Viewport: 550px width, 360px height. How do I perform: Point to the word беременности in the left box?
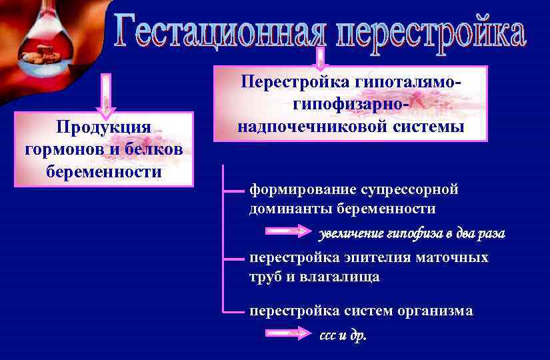pos(104,171)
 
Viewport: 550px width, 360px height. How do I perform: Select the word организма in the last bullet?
pos(436,311)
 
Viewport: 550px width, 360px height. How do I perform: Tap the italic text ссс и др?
pos(343,335)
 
